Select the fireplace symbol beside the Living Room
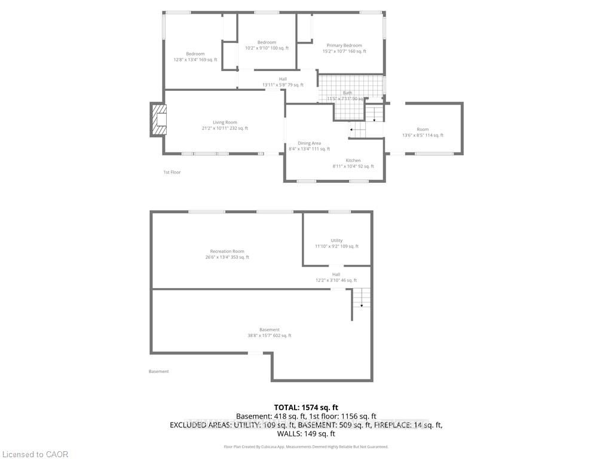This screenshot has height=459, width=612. point(159,120)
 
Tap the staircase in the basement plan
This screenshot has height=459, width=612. point(361,298)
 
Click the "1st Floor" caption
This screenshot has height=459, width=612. point(172,172)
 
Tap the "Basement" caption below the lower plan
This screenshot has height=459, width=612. point(159,371)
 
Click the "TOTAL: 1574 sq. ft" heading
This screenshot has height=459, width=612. point(305,406)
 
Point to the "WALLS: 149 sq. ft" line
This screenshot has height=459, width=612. point(306,434)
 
